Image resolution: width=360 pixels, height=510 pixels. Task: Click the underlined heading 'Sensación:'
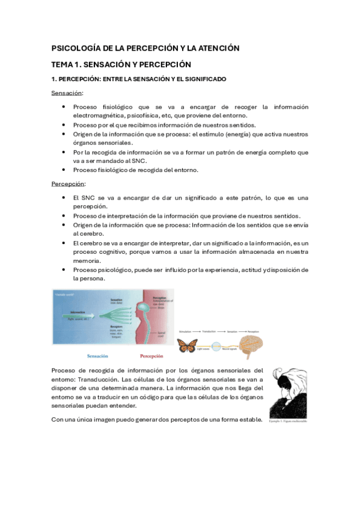[x=67, y=93]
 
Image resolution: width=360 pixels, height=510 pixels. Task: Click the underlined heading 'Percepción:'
[x=67, y=183]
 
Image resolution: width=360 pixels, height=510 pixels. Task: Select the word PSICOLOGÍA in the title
[x=75, y=48]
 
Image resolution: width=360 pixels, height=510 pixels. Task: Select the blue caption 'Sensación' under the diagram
[x=97, y=355]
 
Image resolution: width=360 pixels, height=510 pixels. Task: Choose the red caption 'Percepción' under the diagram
[x=147, y=355]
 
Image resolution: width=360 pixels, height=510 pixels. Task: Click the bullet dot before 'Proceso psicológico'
[x=64, y=270]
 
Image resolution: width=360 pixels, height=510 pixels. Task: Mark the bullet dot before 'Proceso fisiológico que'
[x=64, y=107]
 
